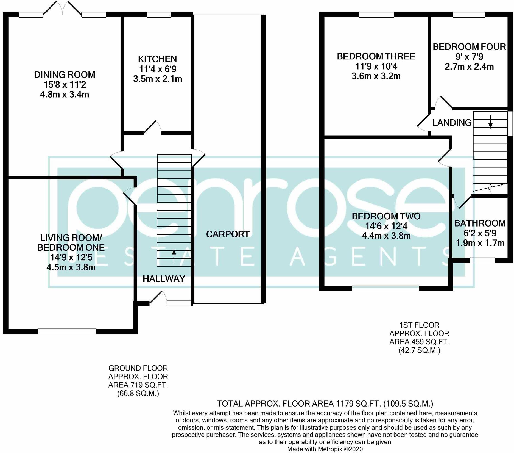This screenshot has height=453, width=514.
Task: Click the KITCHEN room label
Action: point(157,59)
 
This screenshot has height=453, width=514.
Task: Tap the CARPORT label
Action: point(228,234)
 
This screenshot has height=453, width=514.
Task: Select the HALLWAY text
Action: point(164,279)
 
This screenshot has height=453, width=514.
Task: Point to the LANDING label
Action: point(452,123)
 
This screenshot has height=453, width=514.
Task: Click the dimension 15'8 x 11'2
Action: point(65,84)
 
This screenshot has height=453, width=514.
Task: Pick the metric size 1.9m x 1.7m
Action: point(480,243)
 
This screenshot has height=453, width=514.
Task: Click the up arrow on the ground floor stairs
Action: point(174,256)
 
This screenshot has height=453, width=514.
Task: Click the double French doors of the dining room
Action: point(62,8)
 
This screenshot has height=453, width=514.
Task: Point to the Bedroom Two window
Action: point(386,288)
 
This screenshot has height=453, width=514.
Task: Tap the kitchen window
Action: point(159,15)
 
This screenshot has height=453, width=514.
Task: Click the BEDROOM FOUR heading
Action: point(469,47)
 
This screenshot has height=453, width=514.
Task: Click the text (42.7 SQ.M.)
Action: point(419,350)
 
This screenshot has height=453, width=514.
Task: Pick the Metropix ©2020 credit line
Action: point(325,449)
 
